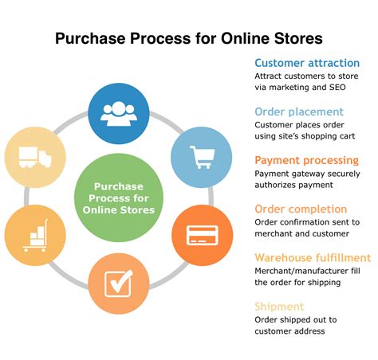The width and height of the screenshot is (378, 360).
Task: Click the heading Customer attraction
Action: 299,63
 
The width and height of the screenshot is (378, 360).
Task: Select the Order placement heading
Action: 299,112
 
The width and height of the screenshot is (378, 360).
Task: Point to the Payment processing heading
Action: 307,160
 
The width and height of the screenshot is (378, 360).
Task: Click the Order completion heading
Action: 301,209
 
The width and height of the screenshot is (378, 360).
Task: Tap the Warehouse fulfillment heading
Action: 313,257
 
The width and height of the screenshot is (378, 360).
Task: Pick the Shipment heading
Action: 279,306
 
